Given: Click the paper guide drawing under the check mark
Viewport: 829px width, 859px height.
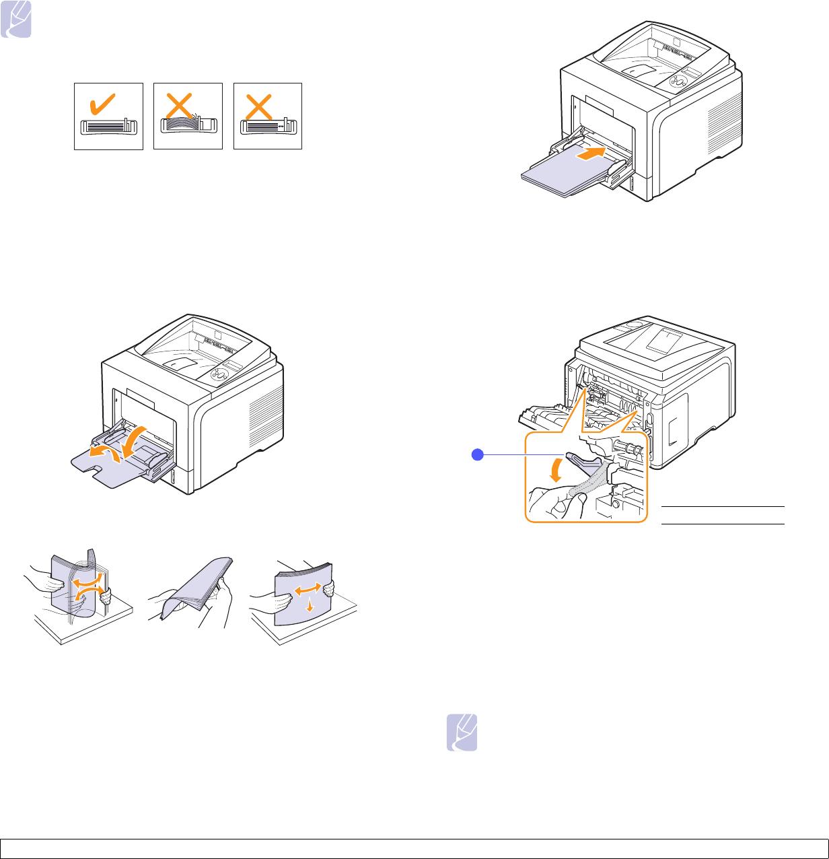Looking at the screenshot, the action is point(108,127).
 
